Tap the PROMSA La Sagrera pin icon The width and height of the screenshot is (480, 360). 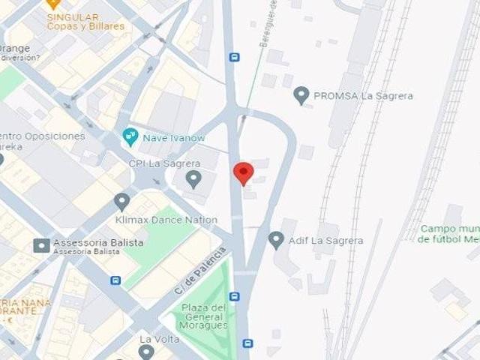[x=301, y=95]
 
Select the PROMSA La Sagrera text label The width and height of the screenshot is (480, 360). [x=363, y=96]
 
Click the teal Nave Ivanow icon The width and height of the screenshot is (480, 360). [x=130, y=137]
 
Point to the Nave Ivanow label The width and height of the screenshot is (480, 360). [x=175, y=138]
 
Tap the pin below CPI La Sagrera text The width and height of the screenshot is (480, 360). [x=193, y=179]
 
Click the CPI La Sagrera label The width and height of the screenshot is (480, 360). [x=164, y=163]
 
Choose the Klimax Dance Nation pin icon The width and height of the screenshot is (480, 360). [x=121, y=202]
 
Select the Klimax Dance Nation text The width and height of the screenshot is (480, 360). [x=166, y=220]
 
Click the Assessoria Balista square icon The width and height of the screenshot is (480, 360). [x=42, y=244]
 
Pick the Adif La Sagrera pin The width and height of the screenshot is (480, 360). [x=276, y=240]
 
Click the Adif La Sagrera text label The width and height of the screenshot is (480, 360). [x=326, y=241]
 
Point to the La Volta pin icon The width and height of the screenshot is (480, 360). [x=146, y=351]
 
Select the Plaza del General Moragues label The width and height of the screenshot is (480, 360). [x=204, y=316]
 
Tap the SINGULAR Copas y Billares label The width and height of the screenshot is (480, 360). [x=72, y=22]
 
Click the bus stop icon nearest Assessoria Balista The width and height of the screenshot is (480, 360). [x=115, y=280]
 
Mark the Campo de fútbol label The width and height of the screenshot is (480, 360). [x=449, y=234]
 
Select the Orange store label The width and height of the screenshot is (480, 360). [x=15, y=49]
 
